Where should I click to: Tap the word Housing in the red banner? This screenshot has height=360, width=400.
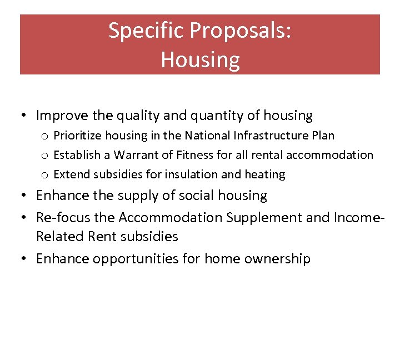tap(200, 59)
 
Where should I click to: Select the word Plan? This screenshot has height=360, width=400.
tap(322, 136)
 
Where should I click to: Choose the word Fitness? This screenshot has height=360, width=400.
tap(194, 155)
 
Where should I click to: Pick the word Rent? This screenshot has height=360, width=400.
tap(100, 237)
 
